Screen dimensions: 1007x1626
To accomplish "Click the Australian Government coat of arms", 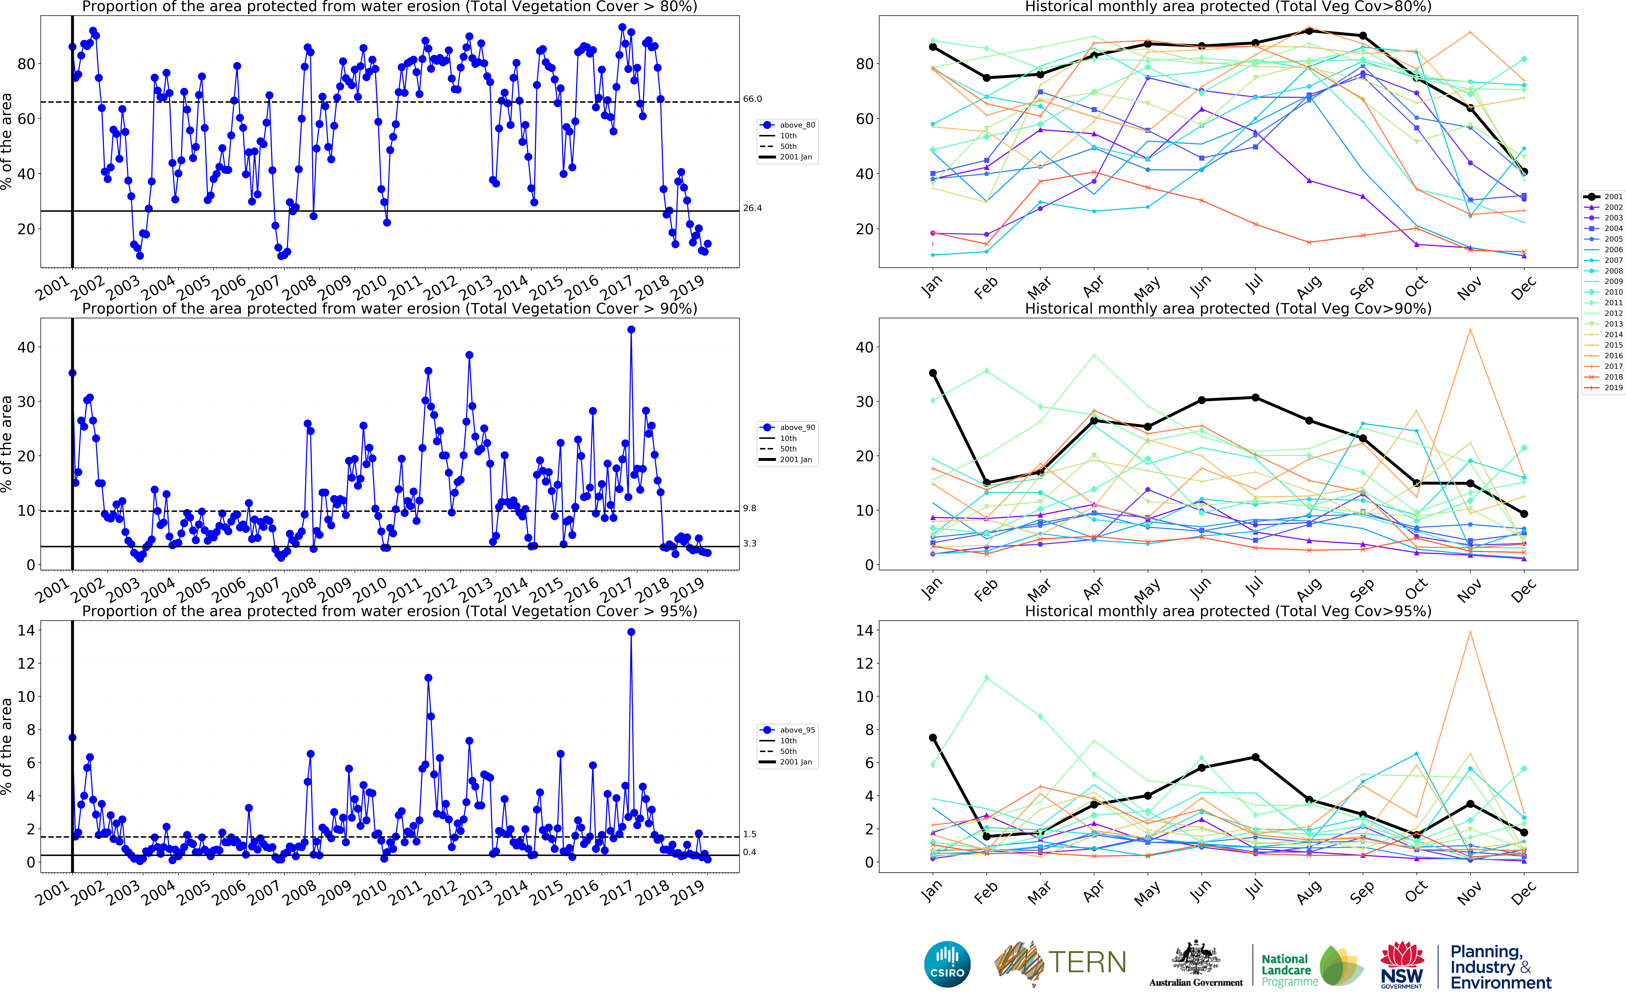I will point(1196,959).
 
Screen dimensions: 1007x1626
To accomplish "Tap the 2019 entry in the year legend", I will point(1613,388).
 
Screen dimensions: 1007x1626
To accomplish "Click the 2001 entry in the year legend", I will point(1613,197).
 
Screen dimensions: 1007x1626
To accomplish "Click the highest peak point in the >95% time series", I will point(631,632).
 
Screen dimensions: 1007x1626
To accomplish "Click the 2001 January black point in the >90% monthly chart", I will point(933,373).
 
